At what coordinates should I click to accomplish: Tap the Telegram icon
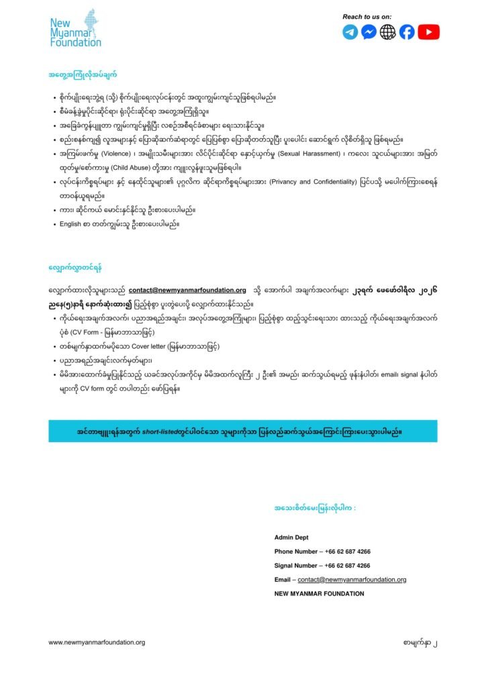(350, 32)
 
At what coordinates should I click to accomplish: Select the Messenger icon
(369, 32)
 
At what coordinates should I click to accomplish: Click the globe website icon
(387, 32)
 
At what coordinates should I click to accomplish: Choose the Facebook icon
(407, 32)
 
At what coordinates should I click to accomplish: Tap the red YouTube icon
(428, 32)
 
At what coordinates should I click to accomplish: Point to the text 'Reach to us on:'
(367, 16)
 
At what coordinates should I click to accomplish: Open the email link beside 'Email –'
(352, 580)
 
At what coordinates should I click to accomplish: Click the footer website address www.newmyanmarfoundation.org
(97, 642)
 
